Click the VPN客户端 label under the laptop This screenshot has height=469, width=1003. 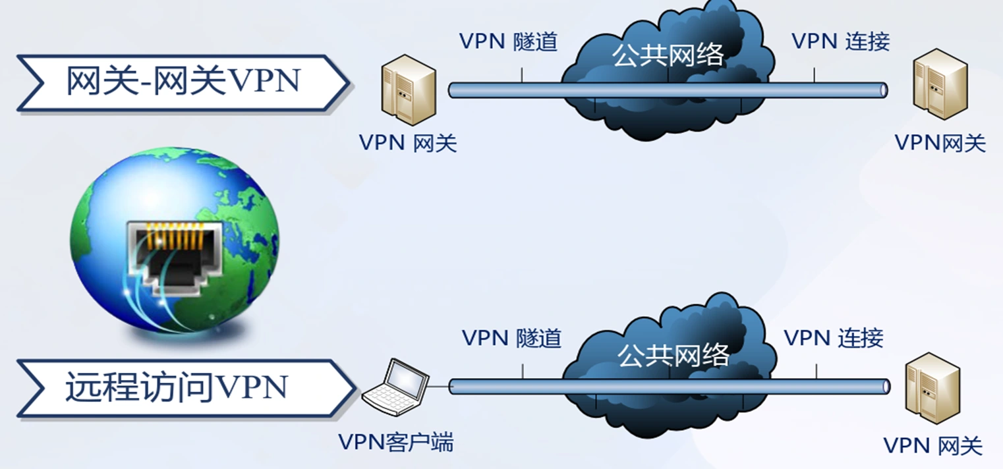click(x=396, y=441)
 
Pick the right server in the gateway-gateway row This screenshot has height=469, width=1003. click(x=940, y=84)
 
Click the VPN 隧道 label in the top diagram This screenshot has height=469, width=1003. click(x=509, y=41)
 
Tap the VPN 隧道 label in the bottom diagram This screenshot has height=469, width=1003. click(x=511, y=338)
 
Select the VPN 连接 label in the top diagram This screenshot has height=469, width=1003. click(x=841, y=41)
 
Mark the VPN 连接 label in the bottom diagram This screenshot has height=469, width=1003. click(x=834, y=338)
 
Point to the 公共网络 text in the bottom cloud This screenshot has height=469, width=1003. click(x=673, y=355)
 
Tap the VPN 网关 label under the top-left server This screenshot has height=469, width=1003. click(x=408, y=143)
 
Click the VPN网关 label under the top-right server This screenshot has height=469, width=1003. click(x=940, y=143)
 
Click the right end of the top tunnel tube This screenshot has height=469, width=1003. click(x=883, y=90)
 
